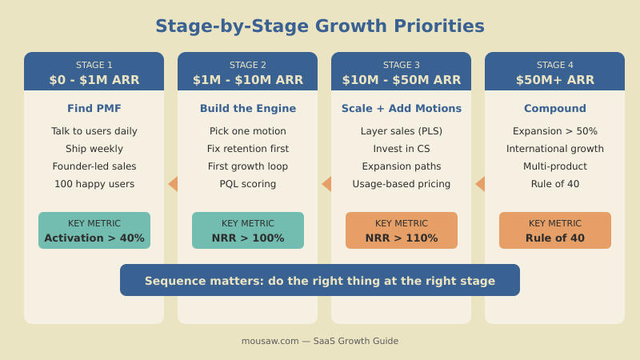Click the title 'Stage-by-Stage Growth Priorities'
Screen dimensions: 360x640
click(320, 26)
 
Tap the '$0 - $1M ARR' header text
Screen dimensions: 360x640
click(94, 80)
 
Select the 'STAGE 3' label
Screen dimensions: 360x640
click(402, 65)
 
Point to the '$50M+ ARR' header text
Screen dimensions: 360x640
click(555, 80)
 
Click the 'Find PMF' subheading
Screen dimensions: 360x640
click(94, 109)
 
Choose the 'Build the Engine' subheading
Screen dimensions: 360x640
click(248, 109)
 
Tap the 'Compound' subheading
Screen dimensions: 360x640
click(555, 109)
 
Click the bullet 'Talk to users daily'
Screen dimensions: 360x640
click(94, 131)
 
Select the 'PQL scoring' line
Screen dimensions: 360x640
click(248, 184)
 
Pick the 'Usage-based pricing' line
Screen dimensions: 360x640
click(402, 184)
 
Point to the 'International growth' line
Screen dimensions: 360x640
click(555, 149)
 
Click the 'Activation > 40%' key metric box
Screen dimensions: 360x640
click(94, 230)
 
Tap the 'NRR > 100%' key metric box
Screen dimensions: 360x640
click(248, 230)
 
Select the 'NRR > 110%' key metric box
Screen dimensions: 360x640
click(402, 230)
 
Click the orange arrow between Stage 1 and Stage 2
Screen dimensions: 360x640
click(173, 184)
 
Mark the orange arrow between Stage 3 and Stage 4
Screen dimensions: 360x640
click(480, 184)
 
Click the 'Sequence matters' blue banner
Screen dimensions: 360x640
click(320, 280)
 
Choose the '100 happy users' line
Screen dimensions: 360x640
click(94, 184)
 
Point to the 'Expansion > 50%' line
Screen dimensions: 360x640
click(555, 131)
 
